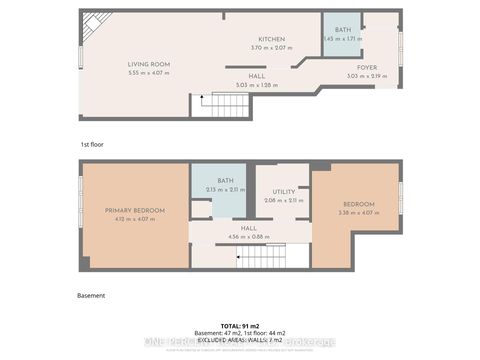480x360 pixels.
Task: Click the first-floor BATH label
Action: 341,31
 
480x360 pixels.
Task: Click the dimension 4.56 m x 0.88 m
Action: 249,236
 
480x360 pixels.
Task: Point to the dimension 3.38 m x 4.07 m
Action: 355,212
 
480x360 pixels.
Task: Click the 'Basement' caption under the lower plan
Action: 91,295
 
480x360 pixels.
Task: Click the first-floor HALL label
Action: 257,77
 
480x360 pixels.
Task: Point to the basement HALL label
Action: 249,228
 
